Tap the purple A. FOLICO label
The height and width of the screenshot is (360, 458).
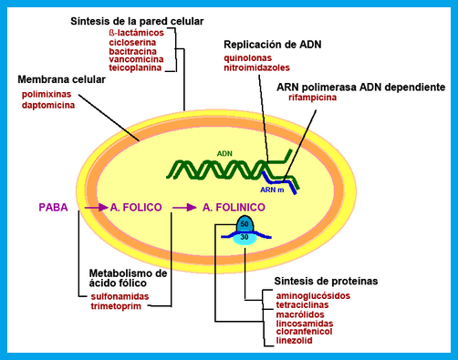(135, 208)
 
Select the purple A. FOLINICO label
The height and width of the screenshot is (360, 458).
(234, 208)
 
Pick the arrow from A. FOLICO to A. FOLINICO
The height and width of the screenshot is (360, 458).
(183, 208)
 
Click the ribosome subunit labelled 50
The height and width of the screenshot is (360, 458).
(244, 224)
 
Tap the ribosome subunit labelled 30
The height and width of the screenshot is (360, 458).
(244, 237)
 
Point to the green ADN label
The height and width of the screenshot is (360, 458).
(225, 154)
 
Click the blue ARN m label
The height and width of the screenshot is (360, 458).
(274, 190)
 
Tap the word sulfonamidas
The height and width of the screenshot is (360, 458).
(121, 296)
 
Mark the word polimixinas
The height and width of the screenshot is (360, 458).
(50, 94)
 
